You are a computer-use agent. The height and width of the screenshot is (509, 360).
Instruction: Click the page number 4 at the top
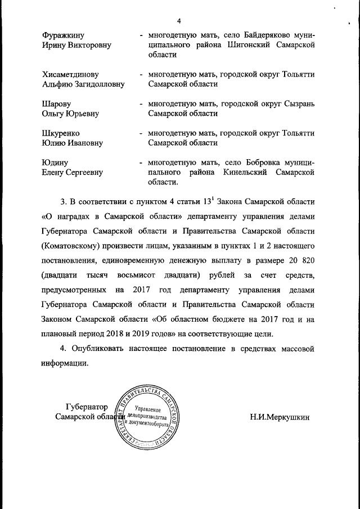pos(178,21)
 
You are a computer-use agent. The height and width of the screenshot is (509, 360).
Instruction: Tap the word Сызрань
pos(298,103)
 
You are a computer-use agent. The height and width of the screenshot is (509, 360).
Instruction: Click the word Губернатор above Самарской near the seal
pos(85,406)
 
